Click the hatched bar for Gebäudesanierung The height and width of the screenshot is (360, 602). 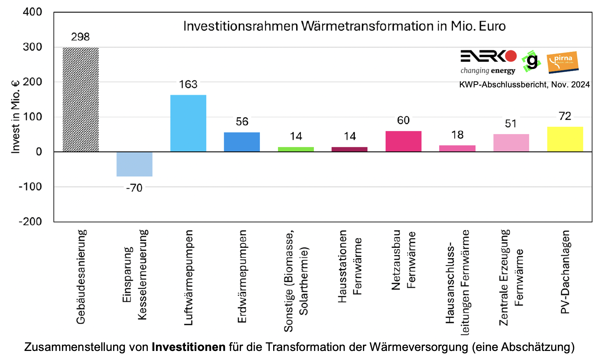80,100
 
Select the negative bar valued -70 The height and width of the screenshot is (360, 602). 134,164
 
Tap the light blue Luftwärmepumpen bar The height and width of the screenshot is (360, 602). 188,123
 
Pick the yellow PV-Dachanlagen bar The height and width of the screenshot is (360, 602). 565,139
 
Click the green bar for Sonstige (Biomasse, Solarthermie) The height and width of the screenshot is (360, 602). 296,149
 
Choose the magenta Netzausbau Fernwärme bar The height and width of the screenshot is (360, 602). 403,141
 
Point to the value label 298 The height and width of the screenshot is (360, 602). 80,37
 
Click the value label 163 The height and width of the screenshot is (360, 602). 188,85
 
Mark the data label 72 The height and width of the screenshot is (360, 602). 565,116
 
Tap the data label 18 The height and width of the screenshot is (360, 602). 457,135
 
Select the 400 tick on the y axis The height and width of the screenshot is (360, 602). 32,12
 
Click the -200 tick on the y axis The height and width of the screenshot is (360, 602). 30,221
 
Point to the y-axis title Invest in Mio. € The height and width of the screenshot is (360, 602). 15,117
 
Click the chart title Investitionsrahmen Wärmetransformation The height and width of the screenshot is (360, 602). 344,26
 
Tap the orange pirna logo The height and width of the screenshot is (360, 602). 562,62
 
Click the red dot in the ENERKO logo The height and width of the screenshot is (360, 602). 511,56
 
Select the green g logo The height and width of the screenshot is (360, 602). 531,61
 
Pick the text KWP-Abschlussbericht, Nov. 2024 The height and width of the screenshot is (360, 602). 524,85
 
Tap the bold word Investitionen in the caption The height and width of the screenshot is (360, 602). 188,347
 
